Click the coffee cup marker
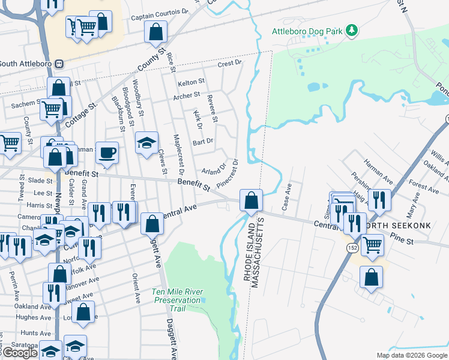(x=107, y=152)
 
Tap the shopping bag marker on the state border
(x=251, y=200)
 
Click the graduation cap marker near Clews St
(x=146, y=143)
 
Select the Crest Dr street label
(x=229, y=63)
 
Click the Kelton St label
(x=191, y=82)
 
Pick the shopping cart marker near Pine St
(x=372, y=244)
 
